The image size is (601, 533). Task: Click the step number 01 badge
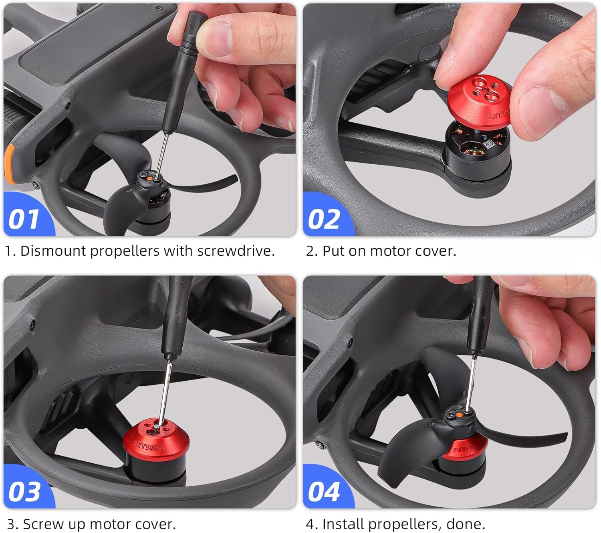24,218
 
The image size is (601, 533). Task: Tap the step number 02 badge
324,218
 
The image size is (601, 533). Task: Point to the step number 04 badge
324,491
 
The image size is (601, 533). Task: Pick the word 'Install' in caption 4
343,524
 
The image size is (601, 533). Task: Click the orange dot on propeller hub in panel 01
149,179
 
